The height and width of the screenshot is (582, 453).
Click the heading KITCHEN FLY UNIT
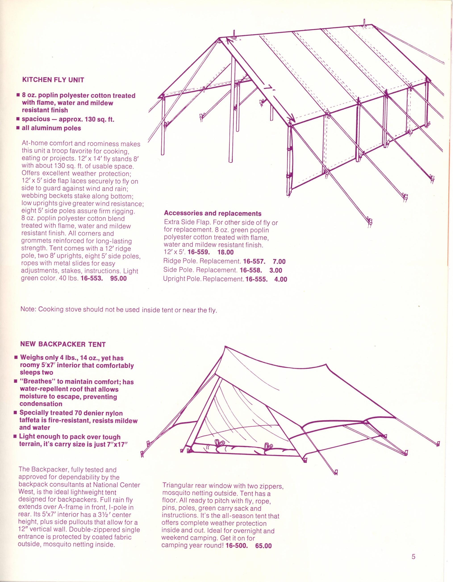(x=53, y=80)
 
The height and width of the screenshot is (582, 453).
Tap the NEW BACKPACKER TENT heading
(x=63, y=344)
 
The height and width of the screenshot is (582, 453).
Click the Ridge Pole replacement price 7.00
(x=279, y=262)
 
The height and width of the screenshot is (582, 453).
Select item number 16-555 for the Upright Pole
(x=257, y=279)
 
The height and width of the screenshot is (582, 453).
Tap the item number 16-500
(x=236, y=546)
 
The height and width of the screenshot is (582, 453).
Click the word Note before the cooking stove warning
(x=28, y=309)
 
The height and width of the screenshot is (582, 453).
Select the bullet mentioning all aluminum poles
(x=51, y=128)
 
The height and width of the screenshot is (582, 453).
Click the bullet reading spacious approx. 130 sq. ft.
(x=68, y=119)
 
